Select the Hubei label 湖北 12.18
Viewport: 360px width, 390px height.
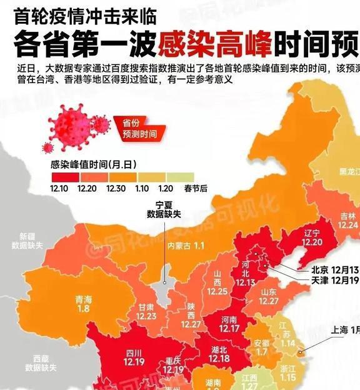point(219,354)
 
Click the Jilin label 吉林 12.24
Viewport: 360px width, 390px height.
point(349,220)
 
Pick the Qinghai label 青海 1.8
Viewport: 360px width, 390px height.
point(83,303)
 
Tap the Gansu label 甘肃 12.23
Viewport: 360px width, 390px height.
point(146,312)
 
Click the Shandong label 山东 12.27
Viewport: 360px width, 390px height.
point(269,296)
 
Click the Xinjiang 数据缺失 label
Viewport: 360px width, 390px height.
point(31,241)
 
